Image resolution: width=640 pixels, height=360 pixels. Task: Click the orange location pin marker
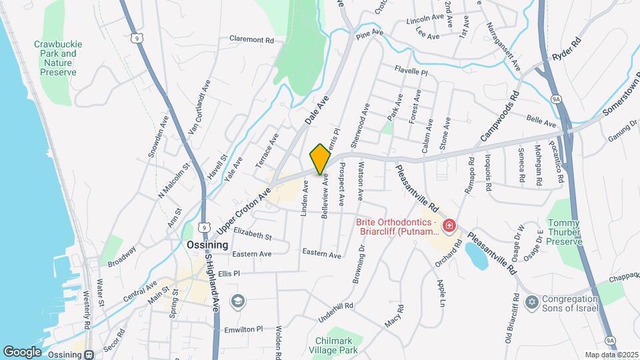click(320, 159)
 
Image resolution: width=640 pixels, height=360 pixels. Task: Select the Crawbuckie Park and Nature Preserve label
click(55, 58)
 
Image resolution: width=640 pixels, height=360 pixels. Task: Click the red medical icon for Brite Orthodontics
click(449, 227)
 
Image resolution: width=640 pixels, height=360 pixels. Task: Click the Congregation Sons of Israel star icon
click(531, 303)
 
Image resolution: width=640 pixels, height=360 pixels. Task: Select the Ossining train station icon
click(88, 353)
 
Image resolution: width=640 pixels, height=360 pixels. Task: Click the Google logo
click(22, 351)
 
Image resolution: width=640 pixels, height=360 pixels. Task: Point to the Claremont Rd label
click(252, 40)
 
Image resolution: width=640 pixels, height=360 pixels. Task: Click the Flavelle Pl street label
click(411, 69)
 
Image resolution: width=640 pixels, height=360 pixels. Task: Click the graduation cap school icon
click(237, 301)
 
